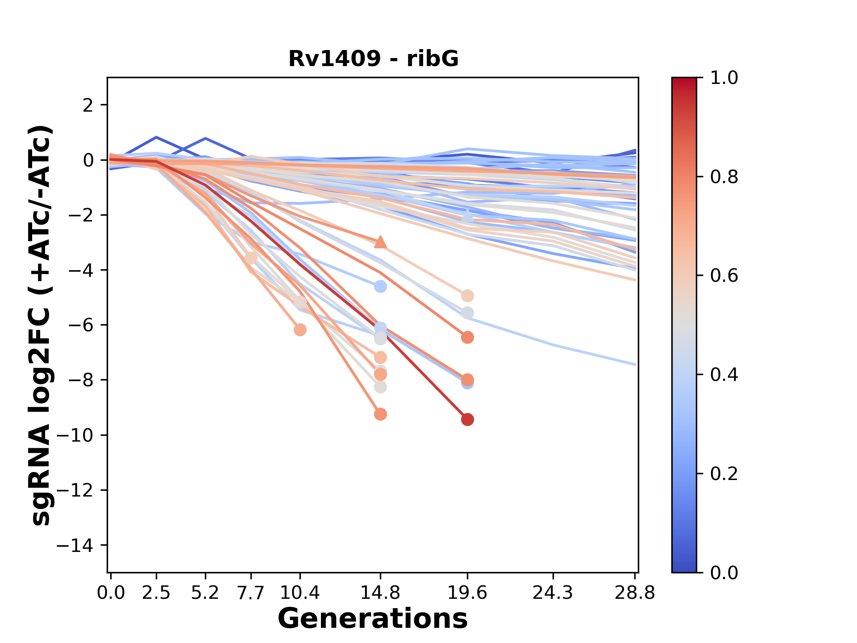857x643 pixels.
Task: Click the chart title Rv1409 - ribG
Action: [x=373, y=59]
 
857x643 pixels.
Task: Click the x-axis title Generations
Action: [x=373, y=619]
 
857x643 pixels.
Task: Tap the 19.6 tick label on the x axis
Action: [x=467, y=593]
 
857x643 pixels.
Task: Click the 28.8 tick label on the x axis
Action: [x=635, y=593]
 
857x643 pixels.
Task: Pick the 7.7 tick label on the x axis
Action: [x=251, y=593]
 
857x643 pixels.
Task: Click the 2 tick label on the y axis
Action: [x=88, y=105]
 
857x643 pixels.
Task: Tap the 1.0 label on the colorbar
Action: [x=724, y=78]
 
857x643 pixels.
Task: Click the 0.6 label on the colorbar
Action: [x=724, y=276]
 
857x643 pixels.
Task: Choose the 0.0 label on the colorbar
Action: [x=724, y=572]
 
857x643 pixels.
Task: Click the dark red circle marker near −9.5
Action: [x=467, y=420]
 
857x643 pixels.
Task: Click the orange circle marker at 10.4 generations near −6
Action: [x=300, y=330]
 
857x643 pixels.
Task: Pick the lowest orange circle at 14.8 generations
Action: [x=380, y=414]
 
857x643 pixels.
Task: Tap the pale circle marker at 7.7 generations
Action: [x=251, y=258]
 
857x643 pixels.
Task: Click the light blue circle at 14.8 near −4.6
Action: [x=380, y=286]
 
